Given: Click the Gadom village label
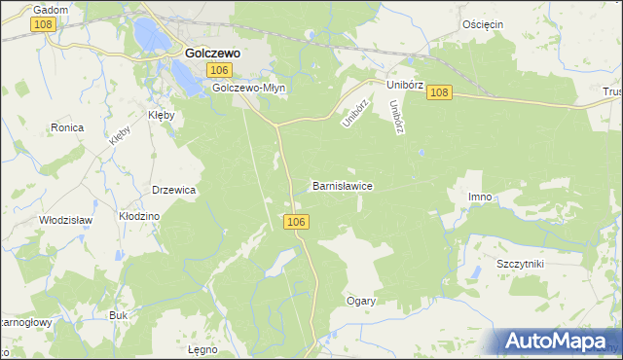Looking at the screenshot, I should (x=50, y=9).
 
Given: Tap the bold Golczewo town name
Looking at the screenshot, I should (x=213, y=54).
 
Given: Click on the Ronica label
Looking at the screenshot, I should (x=67, y=127).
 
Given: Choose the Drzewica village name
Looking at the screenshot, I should (x=174, y=190).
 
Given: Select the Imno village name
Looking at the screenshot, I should (x=480, y=197).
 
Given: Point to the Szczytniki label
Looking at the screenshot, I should (x=520, y=264).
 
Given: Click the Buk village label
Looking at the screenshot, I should (x=119, y=315).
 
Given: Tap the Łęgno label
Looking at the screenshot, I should (x=202, y=347).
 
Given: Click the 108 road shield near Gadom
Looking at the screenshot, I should (x=43, y=23).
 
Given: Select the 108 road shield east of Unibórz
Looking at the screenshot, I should (x=439, y=91).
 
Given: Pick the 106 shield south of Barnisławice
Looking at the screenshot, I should (x=298, y=223).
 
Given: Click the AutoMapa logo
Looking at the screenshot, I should (x=559, y=341).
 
